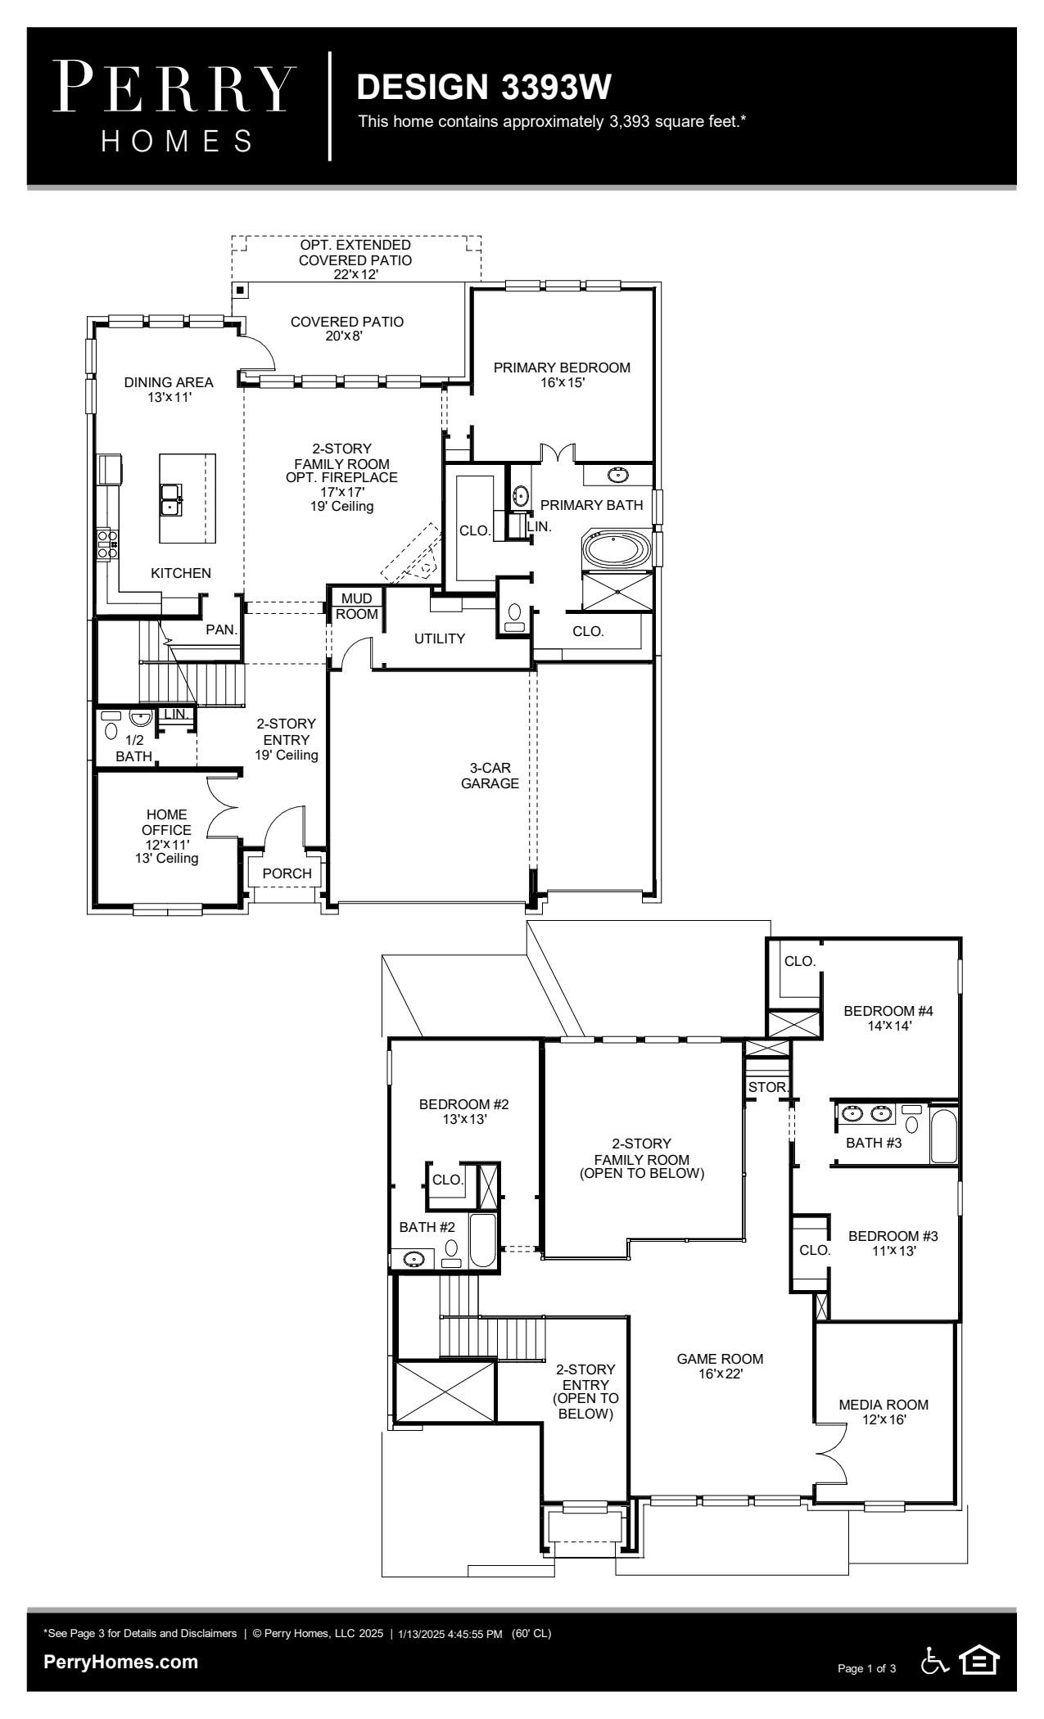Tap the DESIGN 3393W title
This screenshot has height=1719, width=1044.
point(485,87)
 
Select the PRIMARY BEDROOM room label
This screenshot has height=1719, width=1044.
point(562,368)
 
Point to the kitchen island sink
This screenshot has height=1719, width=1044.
point(170,499)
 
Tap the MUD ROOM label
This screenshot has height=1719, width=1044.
point(357,607)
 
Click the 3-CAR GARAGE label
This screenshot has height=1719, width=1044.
point(490,775)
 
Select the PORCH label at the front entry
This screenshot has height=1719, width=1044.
point(287,873)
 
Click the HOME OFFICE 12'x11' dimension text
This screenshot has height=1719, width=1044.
point(167,844)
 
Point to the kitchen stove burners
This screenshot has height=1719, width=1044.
point(107,544)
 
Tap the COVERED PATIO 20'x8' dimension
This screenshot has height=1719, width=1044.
point(347,336)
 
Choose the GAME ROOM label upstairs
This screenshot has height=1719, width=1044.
point(720,1359)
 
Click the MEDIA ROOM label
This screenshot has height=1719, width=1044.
point(884,1405)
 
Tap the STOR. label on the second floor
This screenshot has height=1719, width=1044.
point(768,1087)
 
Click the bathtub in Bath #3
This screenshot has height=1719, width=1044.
point(943,1135)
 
